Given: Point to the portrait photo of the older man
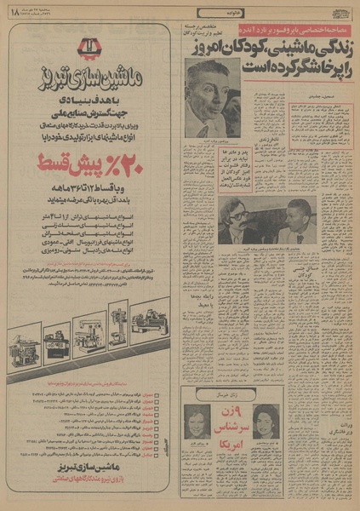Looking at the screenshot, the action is pyautogui.click(x=213, y=96).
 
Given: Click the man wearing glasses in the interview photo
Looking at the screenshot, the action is pyautogui.click(x=230, y=226).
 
